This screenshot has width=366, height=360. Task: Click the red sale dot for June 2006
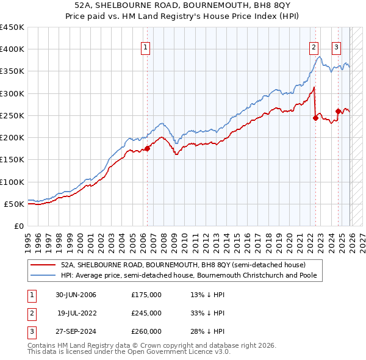(x=147, y=148)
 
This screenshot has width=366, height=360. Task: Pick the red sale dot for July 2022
(x=315, y=118)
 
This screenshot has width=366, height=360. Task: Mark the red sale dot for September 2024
(x=338, y=111)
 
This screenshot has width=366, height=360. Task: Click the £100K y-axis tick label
(x=12, y=182)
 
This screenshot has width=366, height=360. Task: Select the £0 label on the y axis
(x=18, y=226)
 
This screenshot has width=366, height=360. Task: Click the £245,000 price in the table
(x=146, y=313)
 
